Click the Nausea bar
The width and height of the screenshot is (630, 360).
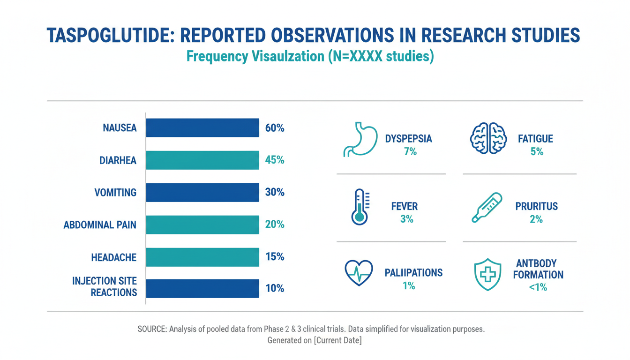[x=202, y=127]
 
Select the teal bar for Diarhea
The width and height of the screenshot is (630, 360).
[x=202, y=160]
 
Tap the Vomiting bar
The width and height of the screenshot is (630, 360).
[x=202, y=192]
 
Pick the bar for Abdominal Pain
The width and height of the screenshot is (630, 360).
[x=202, y=225]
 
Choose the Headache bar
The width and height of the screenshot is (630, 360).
[x=202, y=257]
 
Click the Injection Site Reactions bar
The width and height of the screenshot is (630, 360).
[x=202, y=288]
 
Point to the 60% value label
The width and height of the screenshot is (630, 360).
[x=275, y=127]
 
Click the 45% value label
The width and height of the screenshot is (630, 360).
[x=275, y=160]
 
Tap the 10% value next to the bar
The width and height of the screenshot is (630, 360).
[x=275, y=288]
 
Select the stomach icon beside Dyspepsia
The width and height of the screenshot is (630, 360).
[x=359, y=139]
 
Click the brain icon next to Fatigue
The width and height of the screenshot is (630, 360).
[x=489, y=139]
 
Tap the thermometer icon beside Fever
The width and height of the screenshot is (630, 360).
[x=360, y=206]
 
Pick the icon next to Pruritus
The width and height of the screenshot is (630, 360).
[x=487, y=208]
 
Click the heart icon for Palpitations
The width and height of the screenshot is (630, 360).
[x=359, y=273]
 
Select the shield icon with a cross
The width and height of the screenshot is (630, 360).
[x=488, y=275]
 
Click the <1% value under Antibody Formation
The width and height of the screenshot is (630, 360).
[x=538, y=287]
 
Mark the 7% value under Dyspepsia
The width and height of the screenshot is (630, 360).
[x=408, y=151]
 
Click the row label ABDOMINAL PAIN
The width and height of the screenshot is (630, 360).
[x=100, y=225]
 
